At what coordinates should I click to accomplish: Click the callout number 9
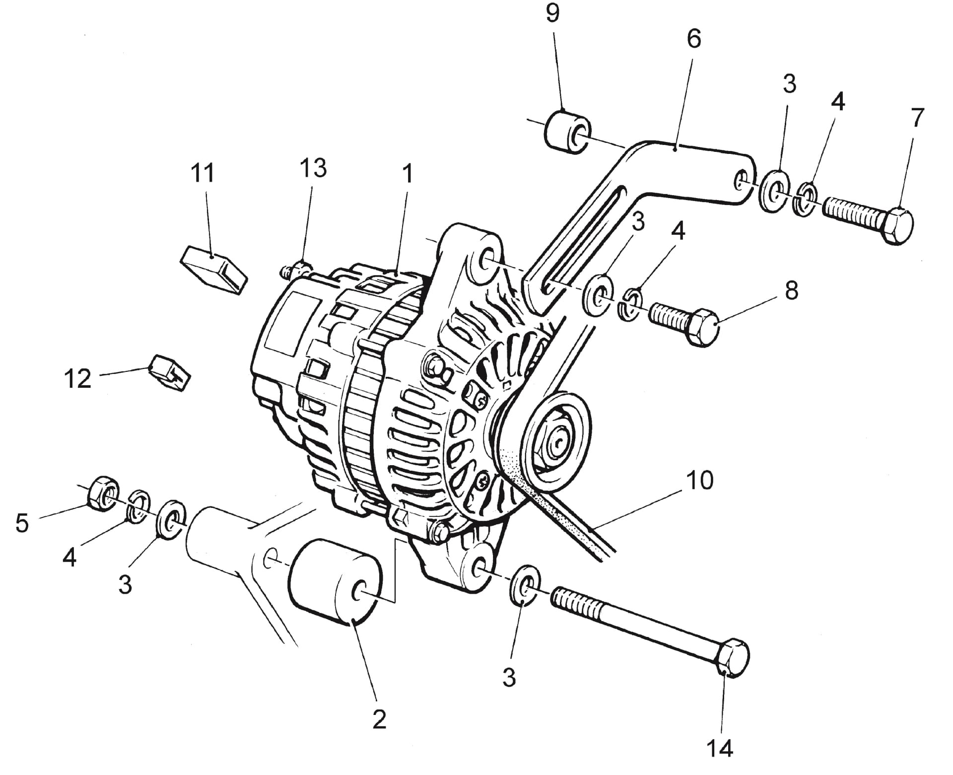552,13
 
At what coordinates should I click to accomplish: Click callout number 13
313,168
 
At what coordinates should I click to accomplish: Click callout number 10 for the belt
700,481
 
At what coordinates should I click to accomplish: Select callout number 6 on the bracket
693,38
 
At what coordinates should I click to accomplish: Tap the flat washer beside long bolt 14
526,584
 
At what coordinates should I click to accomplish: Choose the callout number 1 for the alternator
408,174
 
